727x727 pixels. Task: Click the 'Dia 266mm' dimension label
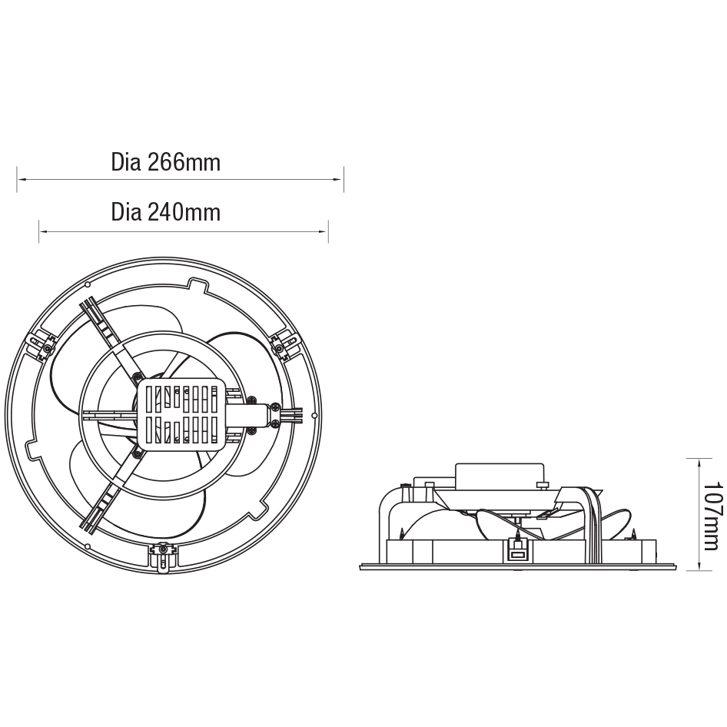pyautogui.click(x=165, y=162)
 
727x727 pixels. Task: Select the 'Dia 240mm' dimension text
pyautogui.click(x=165, y=211)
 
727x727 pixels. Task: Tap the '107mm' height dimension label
pyautogui.click(x=712, y=516)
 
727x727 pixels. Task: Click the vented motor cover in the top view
pyautogui.click(x=181, y=414)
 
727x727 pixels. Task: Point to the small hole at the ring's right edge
pyautogui.click(x=314, y=416)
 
